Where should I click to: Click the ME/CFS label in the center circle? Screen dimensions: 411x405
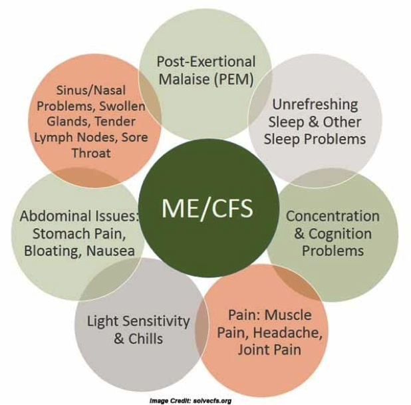207,209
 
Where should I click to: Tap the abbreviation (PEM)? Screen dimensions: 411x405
234,79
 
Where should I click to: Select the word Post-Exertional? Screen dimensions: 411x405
206,62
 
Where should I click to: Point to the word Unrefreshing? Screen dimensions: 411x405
315,104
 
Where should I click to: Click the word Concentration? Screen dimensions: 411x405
333,216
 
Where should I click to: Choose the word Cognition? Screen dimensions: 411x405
340,233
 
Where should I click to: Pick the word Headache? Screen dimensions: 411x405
288,333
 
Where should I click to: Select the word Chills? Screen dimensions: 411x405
146,338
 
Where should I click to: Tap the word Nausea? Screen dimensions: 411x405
110,251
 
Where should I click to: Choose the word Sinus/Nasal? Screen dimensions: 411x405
90,90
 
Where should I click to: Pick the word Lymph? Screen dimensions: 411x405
49,138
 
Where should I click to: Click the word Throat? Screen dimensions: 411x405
91,153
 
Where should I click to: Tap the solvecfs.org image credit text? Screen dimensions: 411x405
191,401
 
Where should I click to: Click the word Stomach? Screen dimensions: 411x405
61,233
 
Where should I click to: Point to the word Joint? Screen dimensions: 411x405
251,350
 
